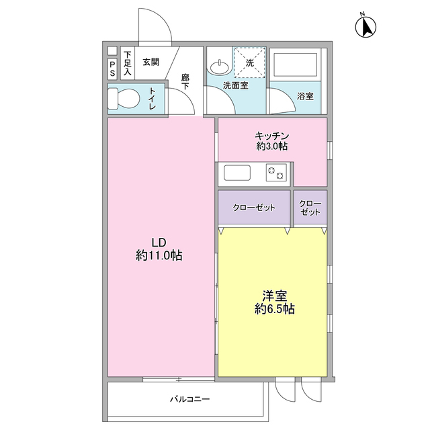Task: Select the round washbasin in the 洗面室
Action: coord(218,67)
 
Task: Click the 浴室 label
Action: coord(304,96)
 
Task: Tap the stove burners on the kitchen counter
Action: coord(276,173)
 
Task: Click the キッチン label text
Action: coord(271,134)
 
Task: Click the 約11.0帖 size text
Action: coord(159,255)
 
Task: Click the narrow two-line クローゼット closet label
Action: coord(310,208)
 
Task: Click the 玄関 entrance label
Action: coord(151,62)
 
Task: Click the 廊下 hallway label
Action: coord(185,82)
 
